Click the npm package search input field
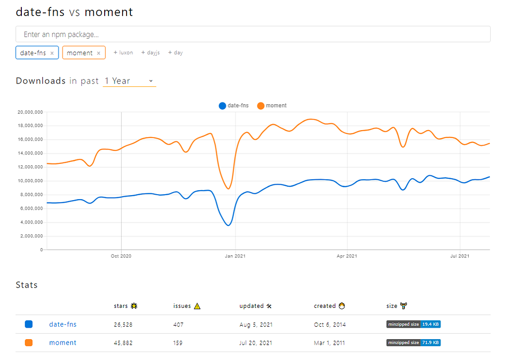pos(253,34)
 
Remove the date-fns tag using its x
pos(52,53)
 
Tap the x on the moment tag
pos(99,53)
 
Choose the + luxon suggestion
pos(123,53)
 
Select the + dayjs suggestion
pos(150,53)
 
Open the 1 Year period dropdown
pos(129,81)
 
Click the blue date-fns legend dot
pos(222,106)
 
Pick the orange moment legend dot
pos(261,106)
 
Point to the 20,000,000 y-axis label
pos(30,112)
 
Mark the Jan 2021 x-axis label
pos(235,256)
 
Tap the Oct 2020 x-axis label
pos(121,256)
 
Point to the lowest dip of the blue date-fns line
pos(228,225)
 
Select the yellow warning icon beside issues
pos(197,306)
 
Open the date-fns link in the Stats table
pos(63,324)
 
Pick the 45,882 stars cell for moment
pos(123,343)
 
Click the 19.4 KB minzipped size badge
pos(413,324)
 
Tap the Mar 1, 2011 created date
pos(329,343)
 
